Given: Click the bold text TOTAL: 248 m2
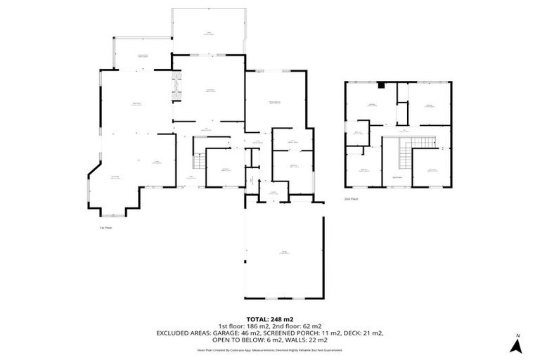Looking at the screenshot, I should (x=270, y=318).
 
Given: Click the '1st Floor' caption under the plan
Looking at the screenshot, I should (x=106, y=228).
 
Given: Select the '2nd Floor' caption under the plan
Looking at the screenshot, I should (x=352, y=199).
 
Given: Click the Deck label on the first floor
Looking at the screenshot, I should (x=209, y=32).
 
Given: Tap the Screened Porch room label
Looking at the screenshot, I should (x=143, y=56).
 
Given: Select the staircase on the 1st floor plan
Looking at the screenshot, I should (x=198, y=161).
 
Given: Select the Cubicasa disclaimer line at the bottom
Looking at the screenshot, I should (x=270, y=349).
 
